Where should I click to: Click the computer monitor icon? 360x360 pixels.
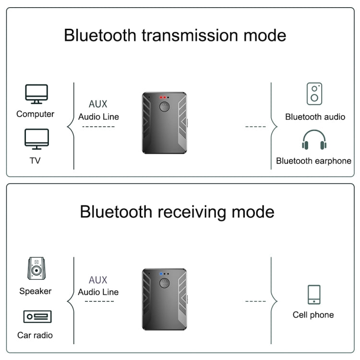(36, 94)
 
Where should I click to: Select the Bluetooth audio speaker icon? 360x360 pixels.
(314, 94)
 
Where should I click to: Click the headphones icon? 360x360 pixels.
(314, 140)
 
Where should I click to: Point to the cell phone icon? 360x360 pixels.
(314, 294)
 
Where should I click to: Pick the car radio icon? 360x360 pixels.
(37, 317)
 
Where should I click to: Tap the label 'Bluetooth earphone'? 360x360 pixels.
(313, 161)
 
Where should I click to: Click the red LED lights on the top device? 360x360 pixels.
(163, 97)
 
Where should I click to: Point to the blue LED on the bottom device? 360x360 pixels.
(161, 274)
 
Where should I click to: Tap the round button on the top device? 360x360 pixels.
(163, 107)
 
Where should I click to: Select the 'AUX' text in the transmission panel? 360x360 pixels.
(98, 104)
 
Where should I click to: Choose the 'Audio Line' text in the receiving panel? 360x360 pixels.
(98, 292)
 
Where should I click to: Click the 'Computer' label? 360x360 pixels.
(36, 114)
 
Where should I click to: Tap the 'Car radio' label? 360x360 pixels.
(35, 335)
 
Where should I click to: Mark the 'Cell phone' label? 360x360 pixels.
(313, 315)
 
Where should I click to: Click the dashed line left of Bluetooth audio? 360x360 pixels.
(255, 127)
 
